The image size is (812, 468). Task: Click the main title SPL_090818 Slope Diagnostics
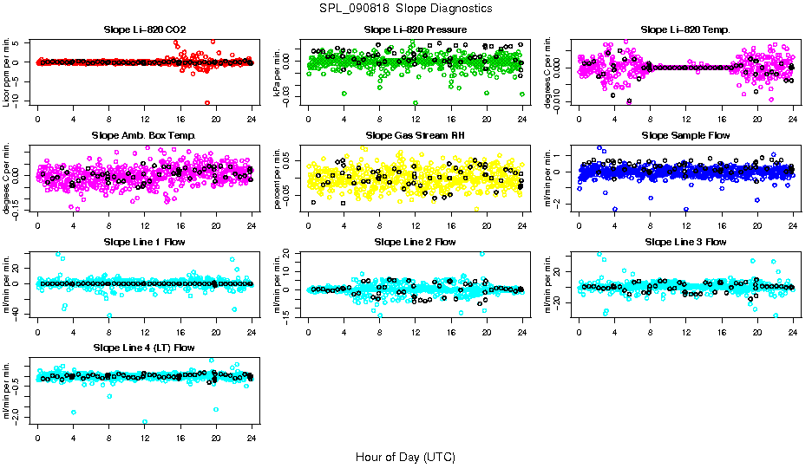click(x=406, y=9)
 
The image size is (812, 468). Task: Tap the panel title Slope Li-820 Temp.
click(x=685, y=30)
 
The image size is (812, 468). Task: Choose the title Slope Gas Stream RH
click(x=415, y=136)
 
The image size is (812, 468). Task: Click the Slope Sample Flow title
click(x=685, y=136)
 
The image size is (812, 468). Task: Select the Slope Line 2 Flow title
click(x=415, y=242)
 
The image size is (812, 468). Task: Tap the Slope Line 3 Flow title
click(x=685, y=242)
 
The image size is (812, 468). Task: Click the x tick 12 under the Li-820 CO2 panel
click(x=144, y=119)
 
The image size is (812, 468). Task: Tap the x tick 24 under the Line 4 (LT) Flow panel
click(x=252, y=437)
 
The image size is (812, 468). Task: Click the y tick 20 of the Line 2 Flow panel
click(x=290, y=254)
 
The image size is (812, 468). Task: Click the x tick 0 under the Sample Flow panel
click(x=579, y=224)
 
